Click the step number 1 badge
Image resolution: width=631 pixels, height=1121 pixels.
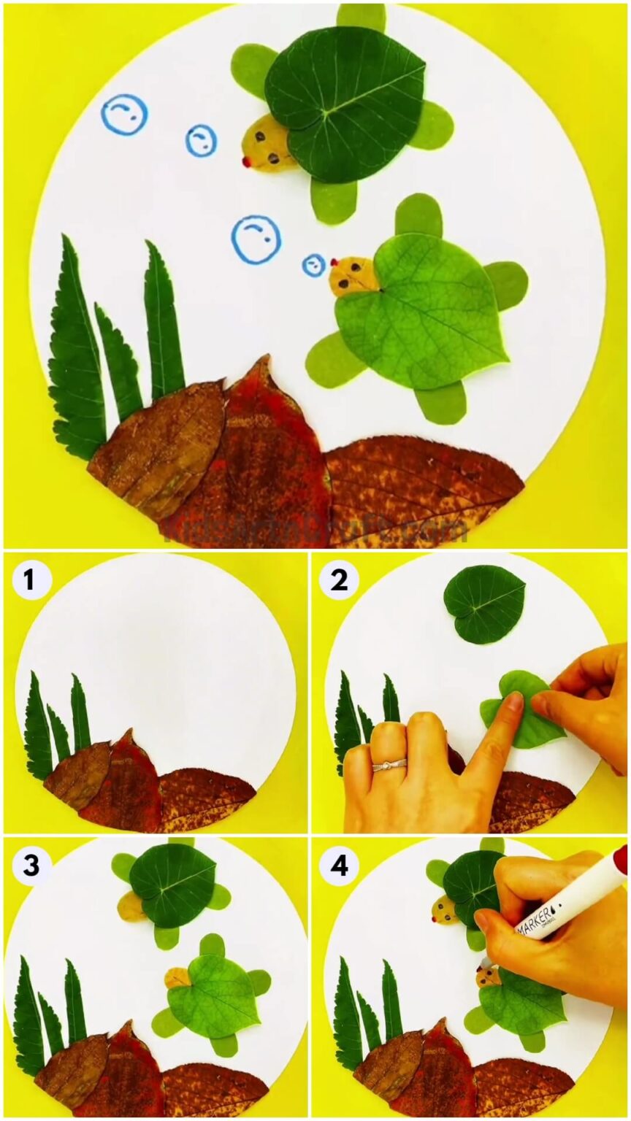pyautogui.click(x=29, y=581)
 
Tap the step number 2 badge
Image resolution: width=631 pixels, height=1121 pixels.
pyautogui.click(x=339, y=581)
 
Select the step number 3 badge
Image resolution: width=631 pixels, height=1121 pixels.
pyautogui.click(x=29, y=866)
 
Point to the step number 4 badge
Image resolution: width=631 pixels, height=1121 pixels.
pyautogui.click(x=339, y=866)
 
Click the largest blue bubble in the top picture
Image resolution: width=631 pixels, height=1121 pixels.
pyautogui.click(x=256, y=239)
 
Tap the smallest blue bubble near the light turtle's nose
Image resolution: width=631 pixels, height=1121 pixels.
pyautogui.click(x=314, y=265)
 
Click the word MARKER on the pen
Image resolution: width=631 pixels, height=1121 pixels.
pyautogui.click(x=538, y=921)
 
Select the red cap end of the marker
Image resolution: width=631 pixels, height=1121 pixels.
pyautogui.click(x=620, y=859)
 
